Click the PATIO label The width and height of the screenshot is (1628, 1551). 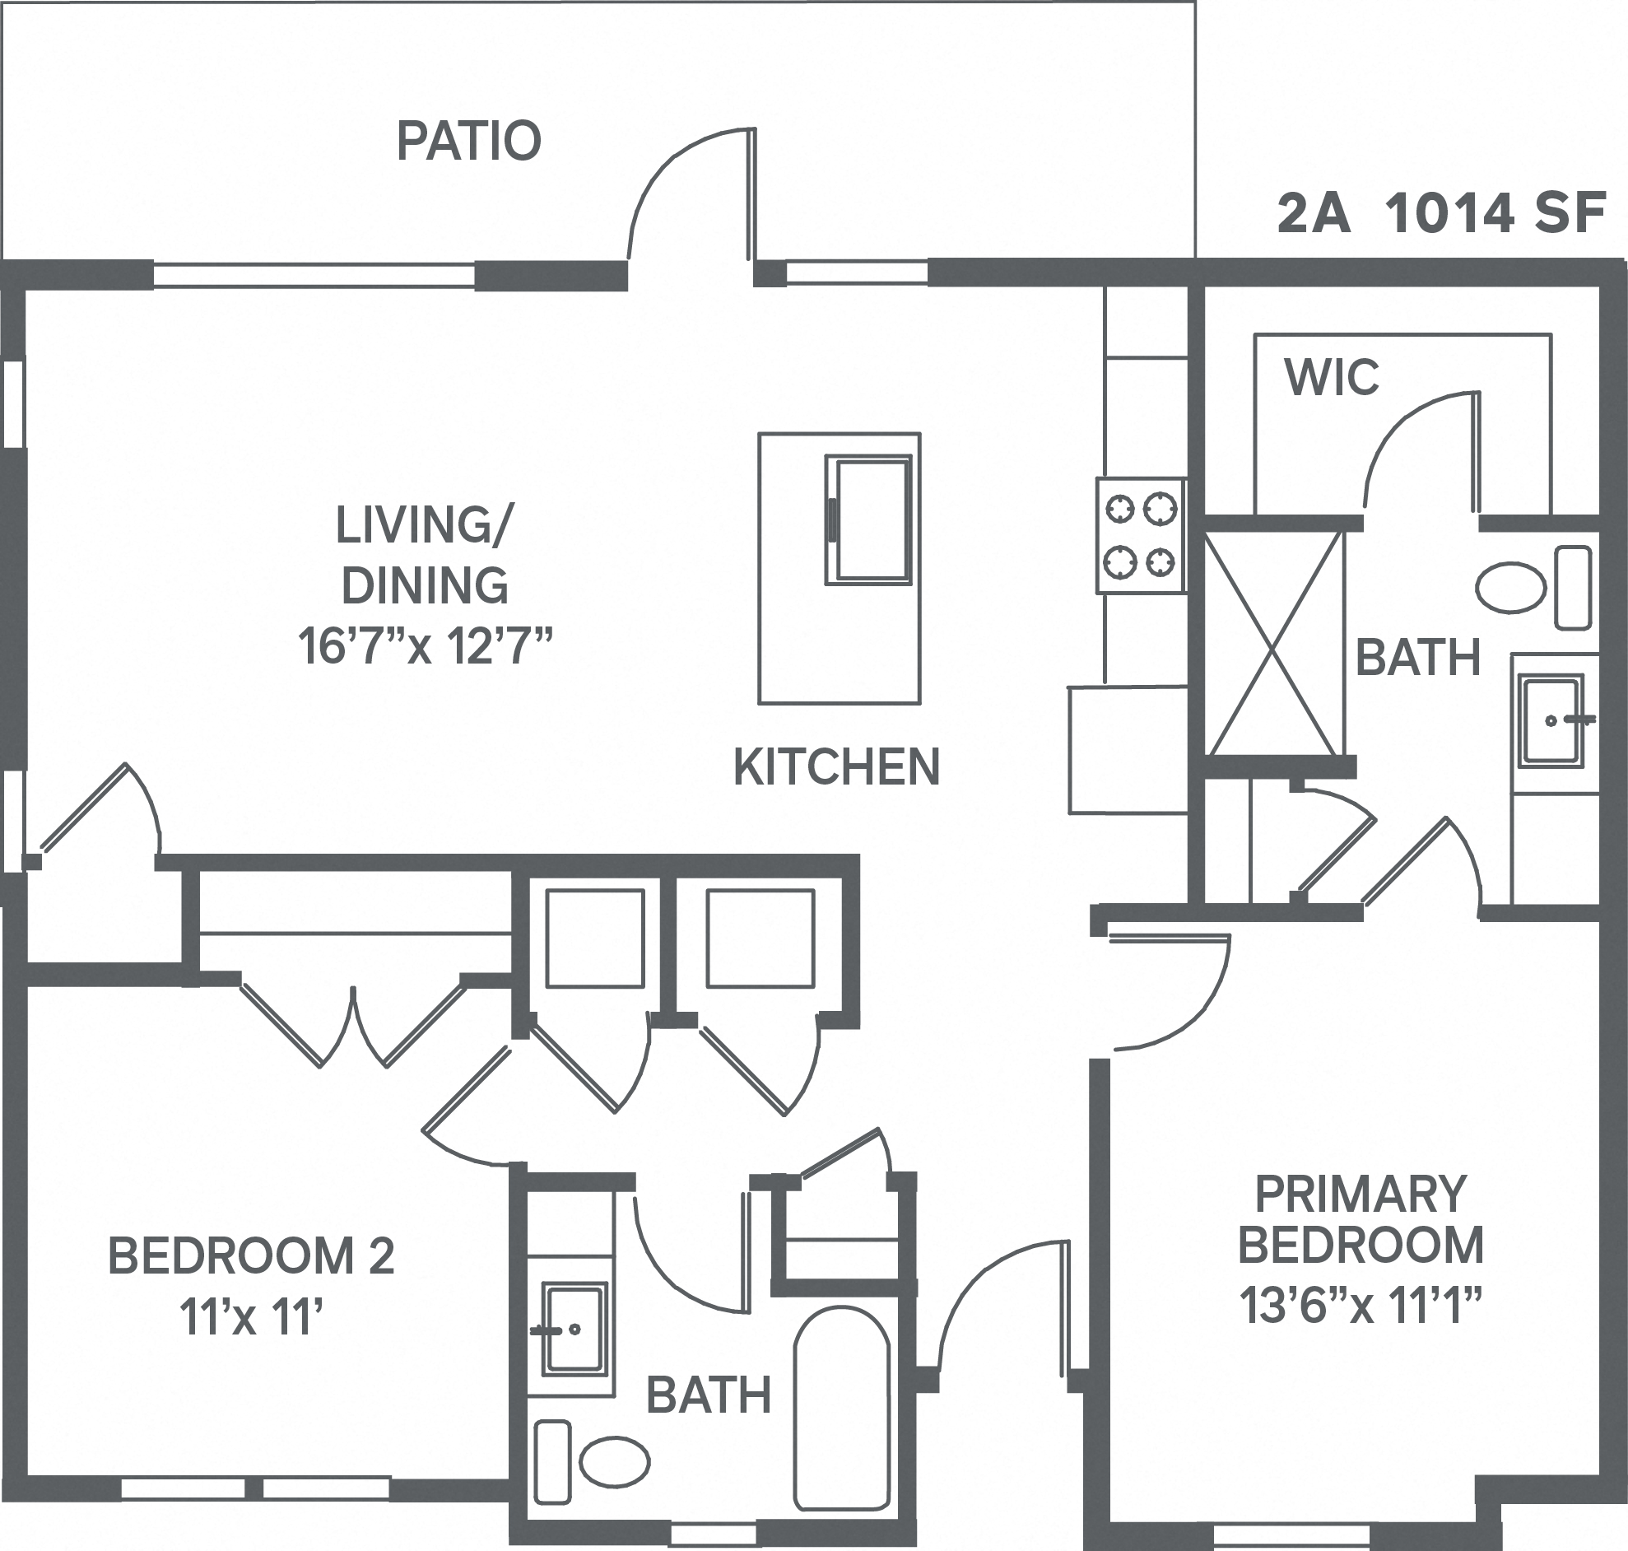point(468,142)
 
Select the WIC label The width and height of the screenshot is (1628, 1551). point(1332,378)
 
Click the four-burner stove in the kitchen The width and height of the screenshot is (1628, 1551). point(1141,535)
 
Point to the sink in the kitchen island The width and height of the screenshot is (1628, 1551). point(869,520)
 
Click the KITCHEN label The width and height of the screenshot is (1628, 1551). point(836,767)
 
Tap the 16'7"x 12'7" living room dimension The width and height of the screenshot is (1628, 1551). point(424,646)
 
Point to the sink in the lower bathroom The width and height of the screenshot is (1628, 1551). point(574,1330)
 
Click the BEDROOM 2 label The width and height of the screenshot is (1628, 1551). point(251,1255)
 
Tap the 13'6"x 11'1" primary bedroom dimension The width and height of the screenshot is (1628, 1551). point(1360,1306)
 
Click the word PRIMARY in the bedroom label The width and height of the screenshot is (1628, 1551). point(1361,1195)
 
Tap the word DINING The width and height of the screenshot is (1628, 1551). point(425,585)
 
